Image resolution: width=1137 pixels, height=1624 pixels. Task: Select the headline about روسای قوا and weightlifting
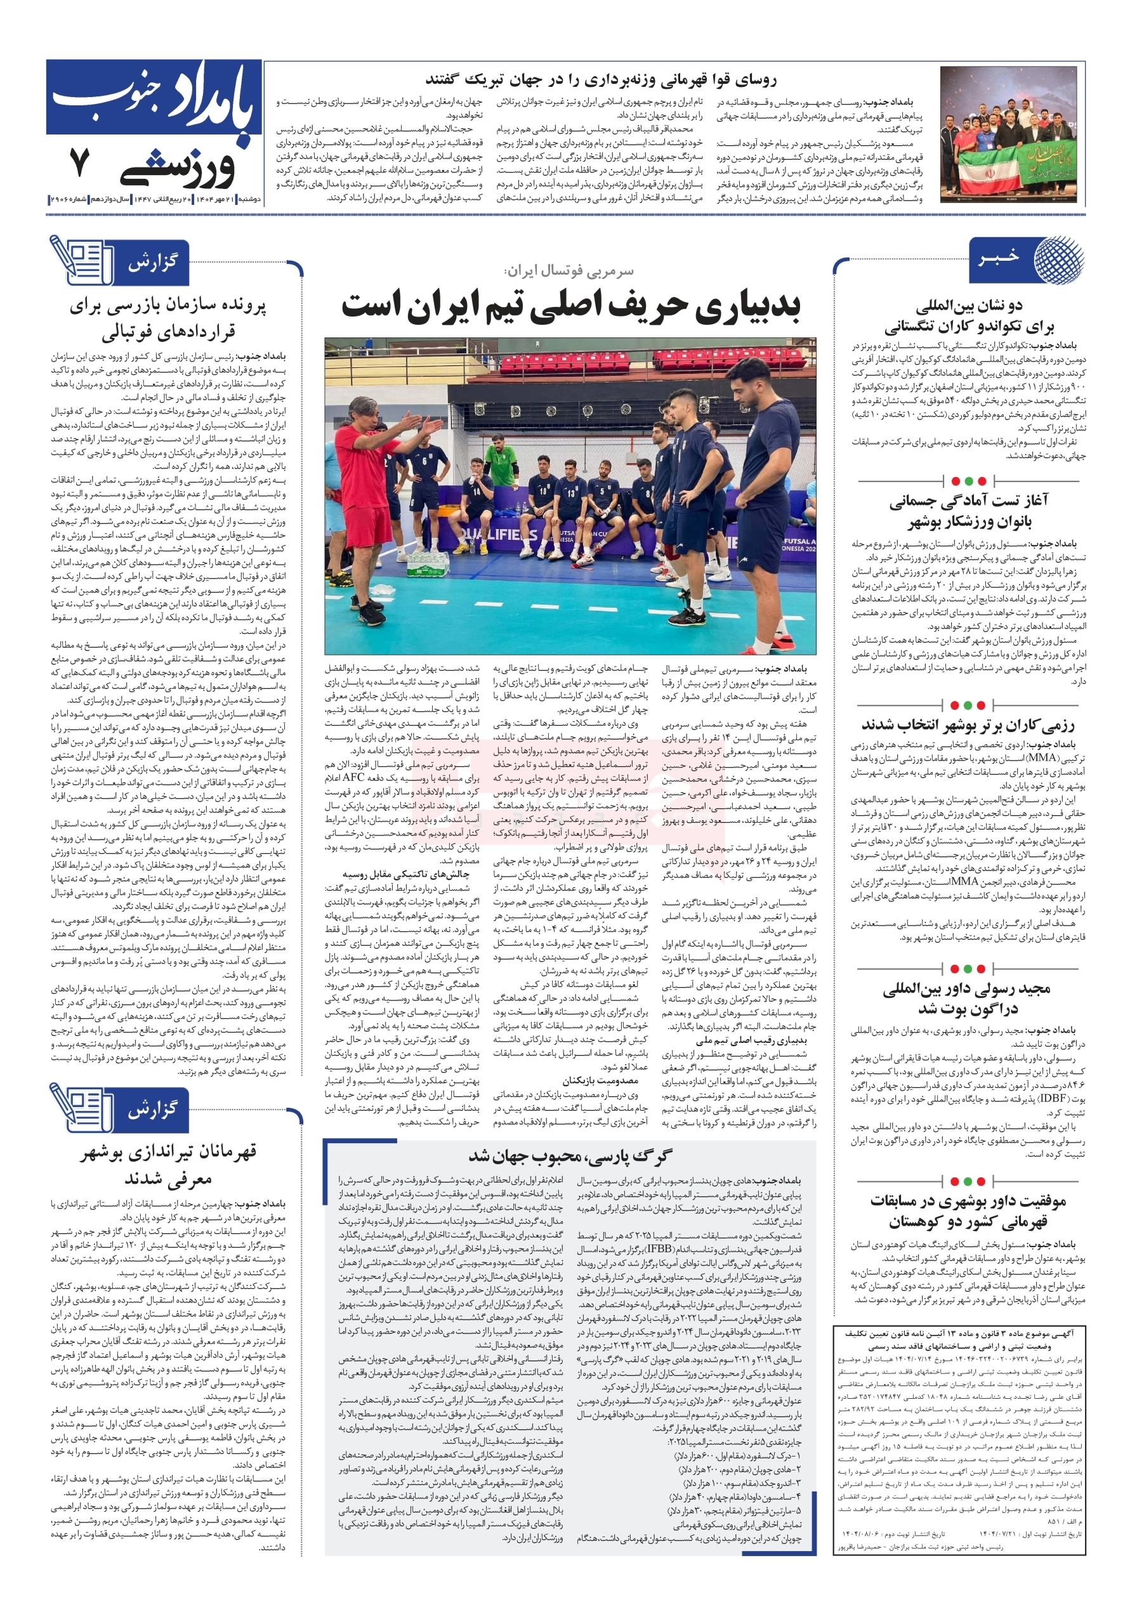coord(601,79)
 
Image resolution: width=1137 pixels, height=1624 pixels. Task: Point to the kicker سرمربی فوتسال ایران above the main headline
coord(569,270)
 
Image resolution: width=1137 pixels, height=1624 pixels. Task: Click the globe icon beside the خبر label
coord(1058,259)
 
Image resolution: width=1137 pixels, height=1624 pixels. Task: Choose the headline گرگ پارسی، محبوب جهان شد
coord(570,1156)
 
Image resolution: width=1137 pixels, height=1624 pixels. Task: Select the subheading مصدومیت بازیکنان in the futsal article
coord(601,1081)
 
